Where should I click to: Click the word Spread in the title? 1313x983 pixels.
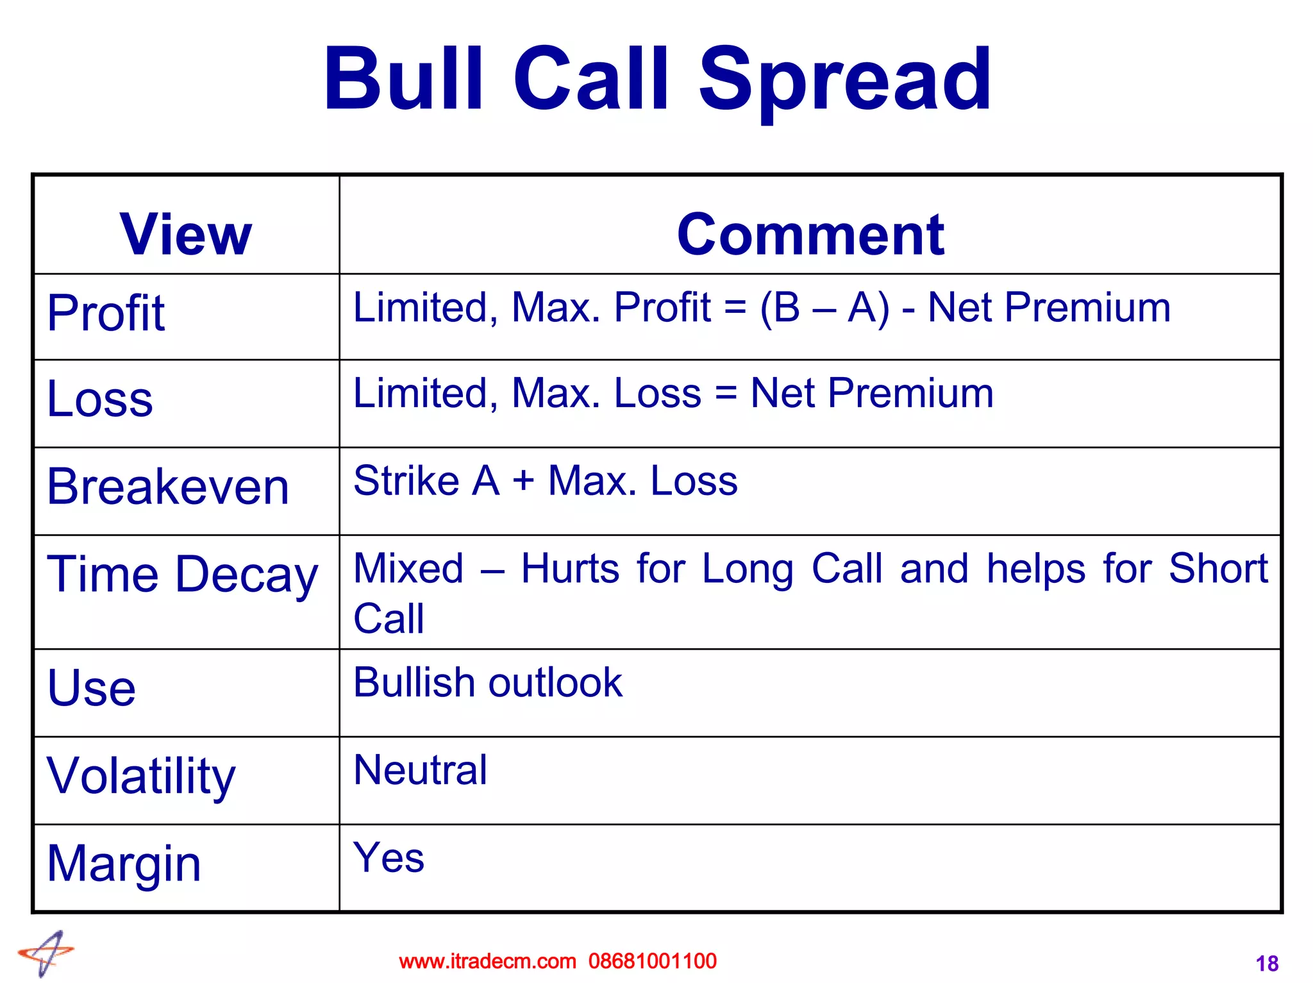coord(844,80)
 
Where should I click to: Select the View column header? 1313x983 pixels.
coord(186,235)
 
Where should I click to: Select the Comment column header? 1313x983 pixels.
coord(810,235)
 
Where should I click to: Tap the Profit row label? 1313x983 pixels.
coord(106,313)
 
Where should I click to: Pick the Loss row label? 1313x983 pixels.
coord(100,399)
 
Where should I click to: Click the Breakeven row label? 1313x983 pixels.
coord(168,487)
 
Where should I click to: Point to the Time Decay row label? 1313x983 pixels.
coord(183,575)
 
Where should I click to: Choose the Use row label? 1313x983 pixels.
coord(92,688)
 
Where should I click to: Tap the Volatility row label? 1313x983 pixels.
coord(141,776)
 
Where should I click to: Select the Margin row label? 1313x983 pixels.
coord(124,864)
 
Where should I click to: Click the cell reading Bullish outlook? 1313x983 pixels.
coord(488,682)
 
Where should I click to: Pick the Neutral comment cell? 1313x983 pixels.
coord(421,770)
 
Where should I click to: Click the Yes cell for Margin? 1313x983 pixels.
coord(389,858)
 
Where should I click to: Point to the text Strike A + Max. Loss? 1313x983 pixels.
coord(546,481)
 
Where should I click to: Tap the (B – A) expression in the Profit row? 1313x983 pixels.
coord(824,308)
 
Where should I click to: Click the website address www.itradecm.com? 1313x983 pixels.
coord(487,961)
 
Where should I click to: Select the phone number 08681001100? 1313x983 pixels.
coord(653,961)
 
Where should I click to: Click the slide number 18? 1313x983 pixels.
coord(1267,964)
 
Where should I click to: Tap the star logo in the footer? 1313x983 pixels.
coord(47,954)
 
